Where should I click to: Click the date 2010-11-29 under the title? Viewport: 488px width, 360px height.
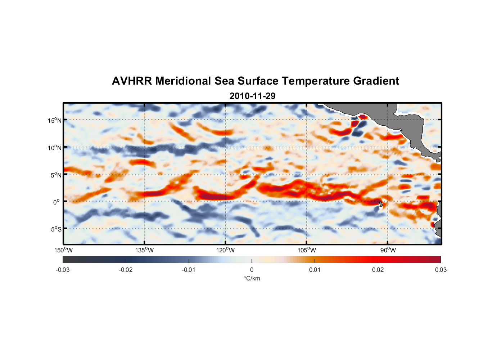pyautogui.click(x=252, y=96)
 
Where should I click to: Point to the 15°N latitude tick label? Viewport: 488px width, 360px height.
pyautogui.click(x=55, y=120)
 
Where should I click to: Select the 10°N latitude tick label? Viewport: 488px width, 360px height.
pyautogui.click(x=55, y=148)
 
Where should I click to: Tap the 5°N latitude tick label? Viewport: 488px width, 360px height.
pyautogui.click(x=56, y=175)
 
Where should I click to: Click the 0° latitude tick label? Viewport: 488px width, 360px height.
pyautogui.click(x=57, y=202)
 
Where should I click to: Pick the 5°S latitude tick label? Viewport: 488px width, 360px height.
pyautogui.click(x=56, y=229)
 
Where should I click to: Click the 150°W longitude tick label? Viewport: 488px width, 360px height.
pyautogui.click(x=63, y=250)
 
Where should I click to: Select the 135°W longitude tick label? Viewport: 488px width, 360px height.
pyautogui.click(x=144, y=250)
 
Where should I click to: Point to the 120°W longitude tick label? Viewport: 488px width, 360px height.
pyautogui.click(x=225, y=250)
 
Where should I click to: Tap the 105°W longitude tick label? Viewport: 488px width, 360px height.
pyautogui.click(x=307, y=250)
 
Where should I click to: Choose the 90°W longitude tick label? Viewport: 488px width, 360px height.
pyautogui.click(x=388, y=250)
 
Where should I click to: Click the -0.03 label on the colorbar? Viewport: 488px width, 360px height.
pyautogui.click(x=63, y=270)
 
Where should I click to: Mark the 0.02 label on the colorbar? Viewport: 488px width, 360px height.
pyautogui.click(x=378, y=270)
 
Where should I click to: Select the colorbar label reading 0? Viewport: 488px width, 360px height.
pyautogui.click(x=252, y=270)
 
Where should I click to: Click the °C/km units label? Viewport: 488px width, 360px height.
pyautogui.click(x=252, y=278)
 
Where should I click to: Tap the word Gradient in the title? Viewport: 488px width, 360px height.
pyautogui.click(x=376, y=81)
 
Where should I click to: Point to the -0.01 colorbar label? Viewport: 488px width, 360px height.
pyautogui.click(x=189, y=270)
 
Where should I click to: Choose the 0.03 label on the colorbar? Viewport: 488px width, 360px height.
pyautogui.click(x=440, y=270)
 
